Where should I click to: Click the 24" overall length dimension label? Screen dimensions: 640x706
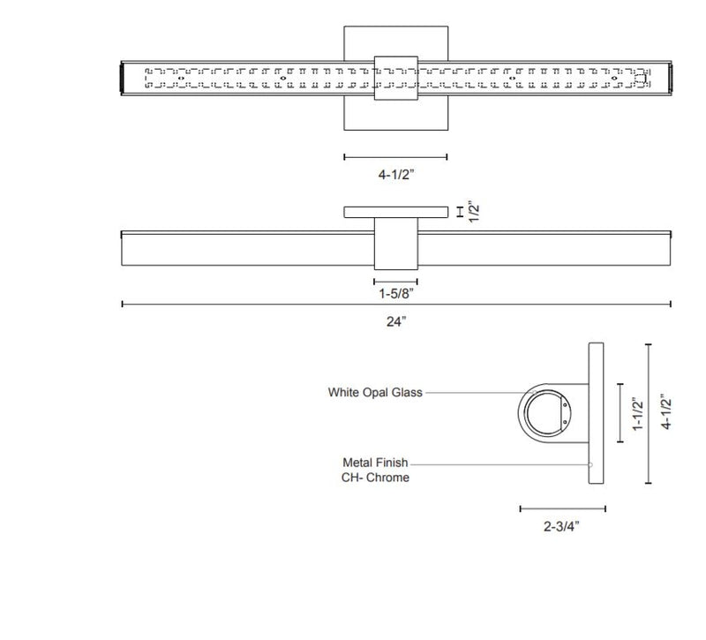click(x=396, y=321)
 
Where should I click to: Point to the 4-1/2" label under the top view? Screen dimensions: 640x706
click(x=395, y=174)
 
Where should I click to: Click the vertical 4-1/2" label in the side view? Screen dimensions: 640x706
click(x=668, y=413)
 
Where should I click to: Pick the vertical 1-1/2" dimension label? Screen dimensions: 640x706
click(x=638, y=413)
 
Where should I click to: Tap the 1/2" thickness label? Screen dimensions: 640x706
click(x=474, y=213)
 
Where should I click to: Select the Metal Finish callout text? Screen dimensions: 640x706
click(x=375, y=462)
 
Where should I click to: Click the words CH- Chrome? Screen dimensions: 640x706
click(x=376, y=478)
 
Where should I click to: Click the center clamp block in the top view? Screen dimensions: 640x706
click(x=395, y=77)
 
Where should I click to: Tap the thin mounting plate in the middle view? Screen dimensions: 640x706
click(x=395, y=212)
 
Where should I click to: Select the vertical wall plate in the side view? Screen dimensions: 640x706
click(x=594, y=413)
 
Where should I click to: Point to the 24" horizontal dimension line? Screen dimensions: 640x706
click(x=265, y=305)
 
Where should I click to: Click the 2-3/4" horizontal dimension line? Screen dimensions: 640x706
click(x=562, y=508)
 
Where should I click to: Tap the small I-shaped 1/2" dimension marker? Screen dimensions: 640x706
click(x=461, y=212)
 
